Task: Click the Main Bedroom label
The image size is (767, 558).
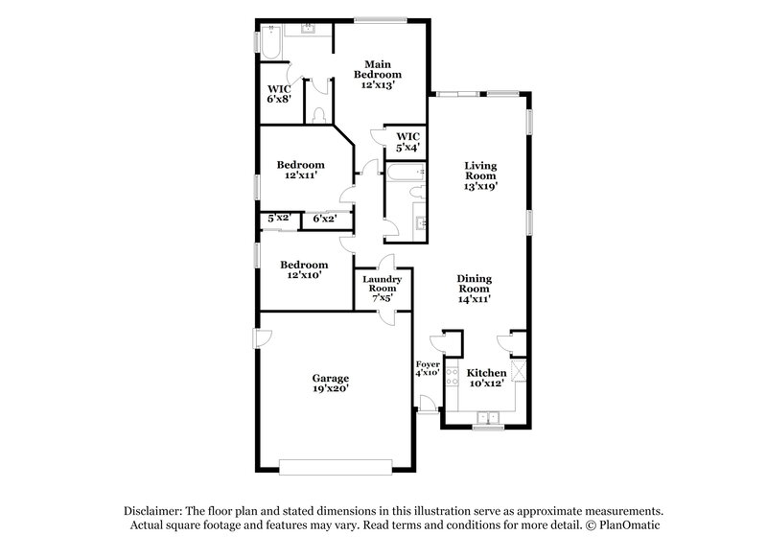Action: (377, 74)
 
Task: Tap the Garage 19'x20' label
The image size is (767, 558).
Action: (329, 383)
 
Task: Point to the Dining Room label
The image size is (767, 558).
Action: (473, 289)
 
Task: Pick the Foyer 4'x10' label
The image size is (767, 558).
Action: (427, 367)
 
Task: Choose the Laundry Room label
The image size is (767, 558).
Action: (381, 288)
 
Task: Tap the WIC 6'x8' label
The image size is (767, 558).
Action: (279, 94)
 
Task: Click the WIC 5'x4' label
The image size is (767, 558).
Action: (407, 142)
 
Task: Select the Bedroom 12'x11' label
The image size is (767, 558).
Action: (300, 170)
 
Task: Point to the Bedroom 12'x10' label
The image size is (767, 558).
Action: (303, 269)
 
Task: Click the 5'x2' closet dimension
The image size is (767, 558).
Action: (278, 219)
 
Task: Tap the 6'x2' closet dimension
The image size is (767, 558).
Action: (324, 219)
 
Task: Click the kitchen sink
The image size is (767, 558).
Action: (489, 417)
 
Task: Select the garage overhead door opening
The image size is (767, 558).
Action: (336, 466)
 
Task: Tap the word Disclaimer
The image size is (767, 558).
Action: (153, 511)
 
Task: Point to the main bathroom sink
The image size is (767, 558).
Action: (309, 30)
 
